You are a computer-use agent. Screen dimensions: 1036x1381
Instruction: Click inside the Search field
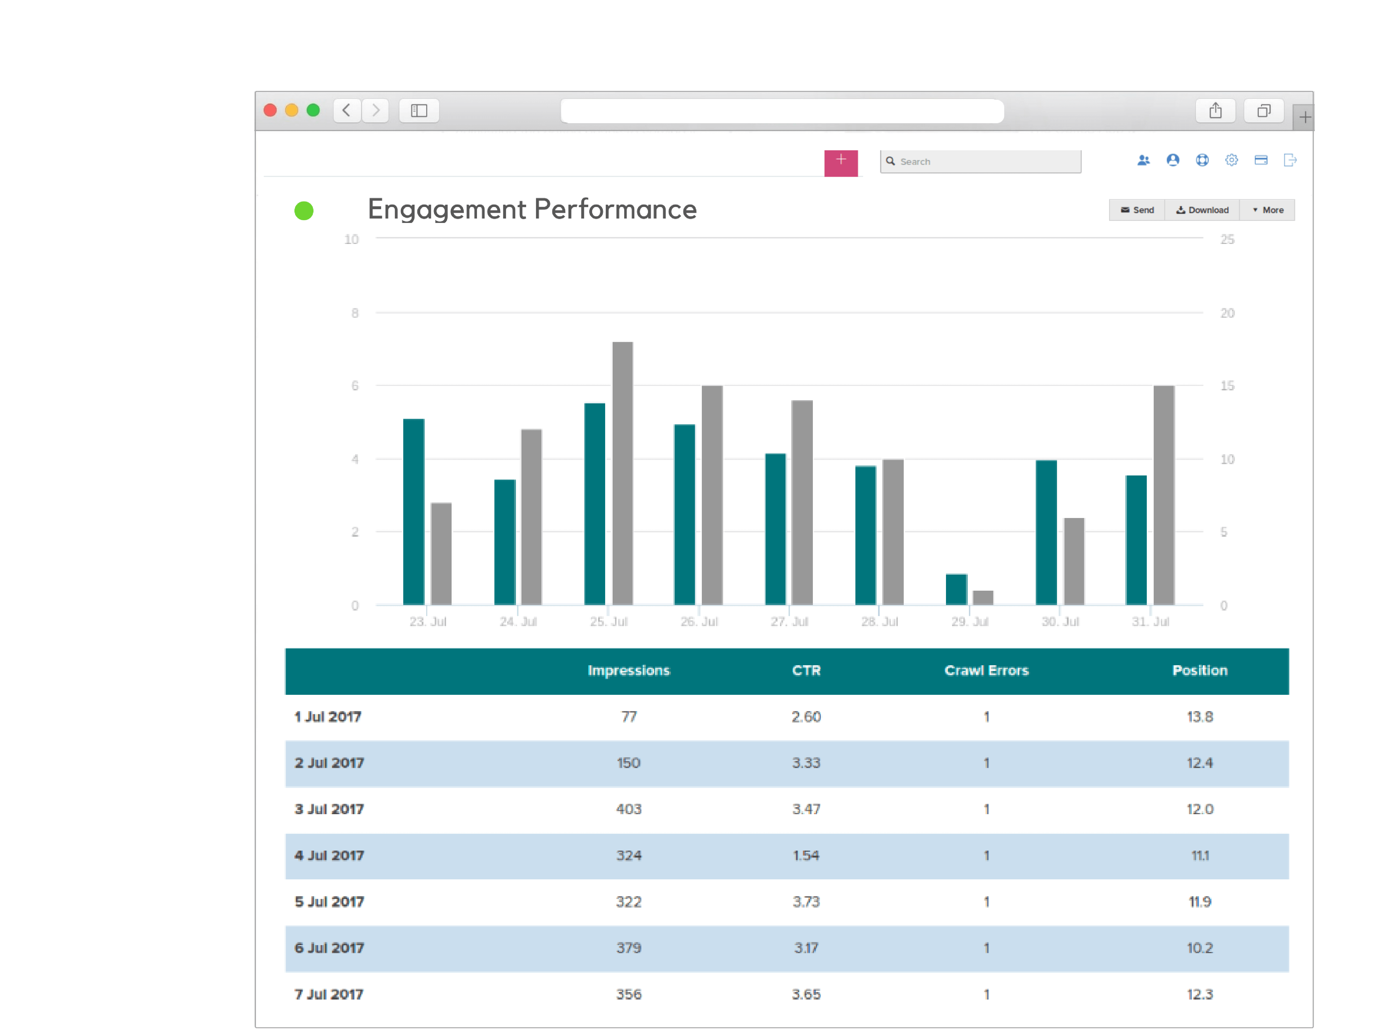pos(986,161)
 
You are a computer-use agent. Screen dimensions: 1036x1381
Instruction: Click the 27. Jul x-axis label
pos(789,621)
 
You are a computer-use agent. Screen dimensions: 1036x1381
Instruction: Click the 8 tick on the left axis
pos(355,313)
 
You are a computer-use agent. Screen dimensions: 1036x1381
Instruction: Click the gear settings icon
pos(1231,161)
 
